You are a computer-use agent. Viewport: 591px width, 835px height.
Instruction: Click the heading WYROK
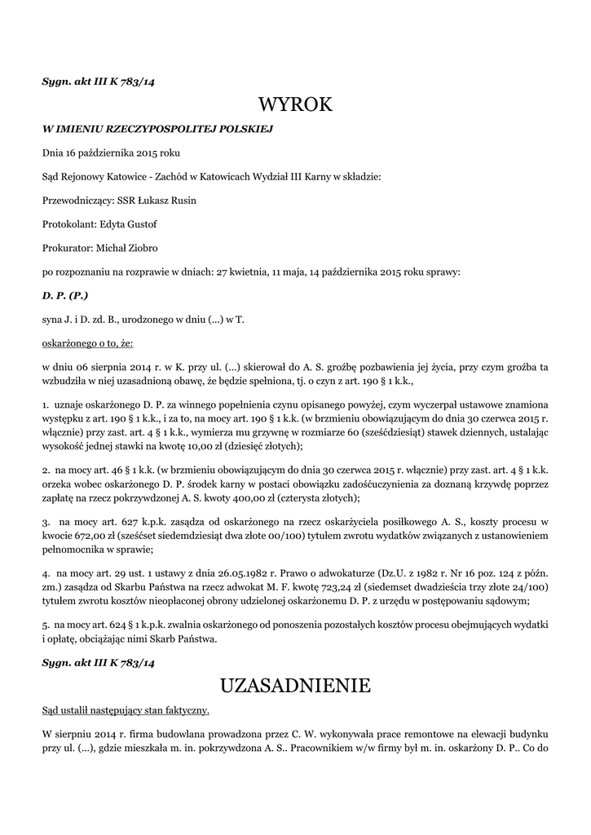click(295, 104)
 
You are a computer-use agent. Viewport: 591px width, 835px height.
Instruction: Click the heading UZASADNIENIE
click(295, 684)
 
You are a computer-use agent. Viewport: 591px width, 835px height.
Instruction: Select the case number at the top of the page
click(98, 82)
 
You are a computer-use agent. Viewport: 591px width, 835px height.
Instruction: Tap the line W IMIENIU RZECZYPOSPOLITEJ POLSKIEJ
click(157, 129)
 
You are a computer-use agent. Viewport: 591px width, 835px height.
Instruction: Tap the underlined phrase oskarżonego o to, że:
click(87, 344)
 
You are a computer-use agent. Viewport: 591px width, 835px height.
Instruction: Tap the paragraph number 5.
click(45, 625)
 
